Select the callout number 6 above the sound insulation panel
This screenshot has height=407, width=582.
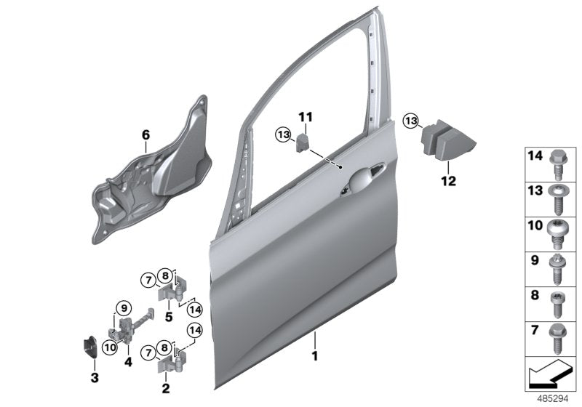(x=145, y=134)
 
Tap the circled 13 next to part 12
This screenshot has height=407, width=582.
(x=412, y=120)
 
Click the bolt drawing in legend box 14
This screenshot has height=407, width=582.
(x=555, y=163)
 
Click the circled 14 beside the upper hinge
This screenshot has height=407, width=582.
(x=194, y=307)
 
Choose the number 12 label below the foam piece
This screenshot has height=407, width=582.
(x=448, y=181)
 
